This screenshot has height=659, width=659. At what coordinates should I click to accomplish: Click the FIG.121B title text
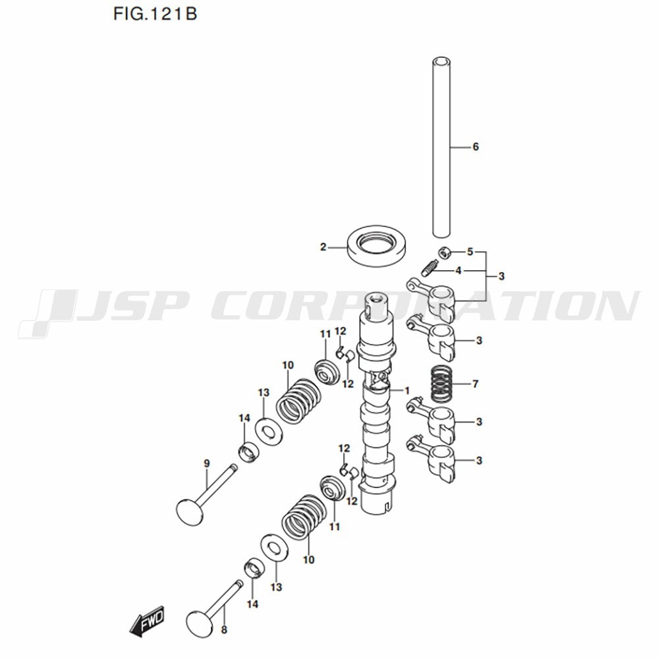(155, 14)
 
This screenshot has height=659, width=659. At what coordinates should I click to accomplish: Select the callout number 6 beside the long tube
(475, 147)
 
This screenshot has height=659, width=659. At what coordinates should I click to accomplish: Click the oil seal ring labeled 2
(376, 246)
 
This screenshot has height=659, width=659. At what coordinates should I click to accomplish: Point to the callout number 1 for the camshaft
(407, 391)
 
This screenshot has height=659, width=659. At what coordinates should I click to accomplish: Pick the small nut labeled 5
(445, 253)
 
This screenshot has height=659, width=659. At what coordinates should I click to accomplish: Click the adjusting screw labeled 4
(430, 269)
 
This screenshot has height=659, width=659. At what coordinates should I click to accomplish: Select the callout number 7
(475, 384)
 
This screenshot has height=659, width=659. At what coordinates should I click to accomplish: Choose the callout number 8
(224, 630)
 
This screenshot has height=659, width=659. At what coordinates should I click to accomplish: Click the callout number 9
(207, 463)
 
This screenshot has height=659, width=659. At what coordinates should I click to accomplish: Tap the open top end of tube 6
(442, 62)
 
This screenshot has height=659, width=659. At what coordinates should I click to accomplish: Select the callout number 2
(323, 247)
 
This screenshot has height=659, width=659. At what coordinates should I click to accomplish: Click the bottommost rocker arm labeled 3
(430, 459)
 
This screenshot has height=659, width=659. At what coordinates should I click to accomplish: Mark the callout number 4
(459, 271)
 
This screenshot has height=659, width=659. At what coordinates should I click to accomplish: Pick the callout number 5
(470, 252)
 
